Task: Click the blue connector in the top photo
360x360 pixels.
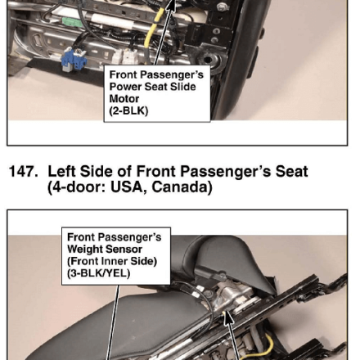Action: pos(72,60)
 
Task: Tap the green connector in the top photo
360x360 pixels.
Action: pos(72,22)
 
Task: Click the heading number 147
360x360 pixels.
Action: pos(24,172)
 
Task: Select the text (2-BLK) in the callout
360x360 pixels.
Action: pos(128,110)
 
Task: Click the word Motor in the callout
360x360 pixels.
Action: pos(124,99)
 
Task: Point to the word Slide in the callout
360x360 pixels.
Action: pos(183,87)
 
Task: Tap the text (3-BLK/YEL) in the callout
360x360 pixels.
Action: pos(98,273)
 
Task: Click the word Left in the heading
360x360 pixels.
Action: pos(61,172)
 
